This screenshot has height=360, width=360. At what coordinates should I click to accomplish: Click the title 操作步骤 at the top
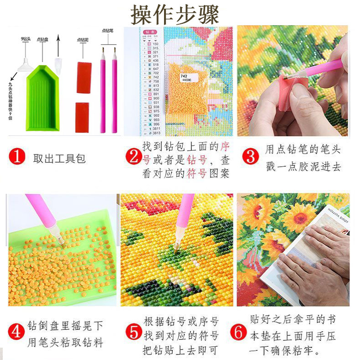point(175,14)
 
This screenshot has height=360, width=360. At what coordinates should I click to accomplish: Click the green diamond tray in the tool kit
point(42,98)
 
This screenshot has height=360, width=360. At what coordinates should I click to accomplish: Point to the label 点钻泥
point(83,40)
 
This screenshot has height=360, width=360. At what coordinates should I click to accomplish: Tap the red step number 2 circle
point(133,158)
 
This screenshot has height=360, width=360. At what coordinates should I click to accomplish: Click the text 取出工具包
point(59,159)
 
